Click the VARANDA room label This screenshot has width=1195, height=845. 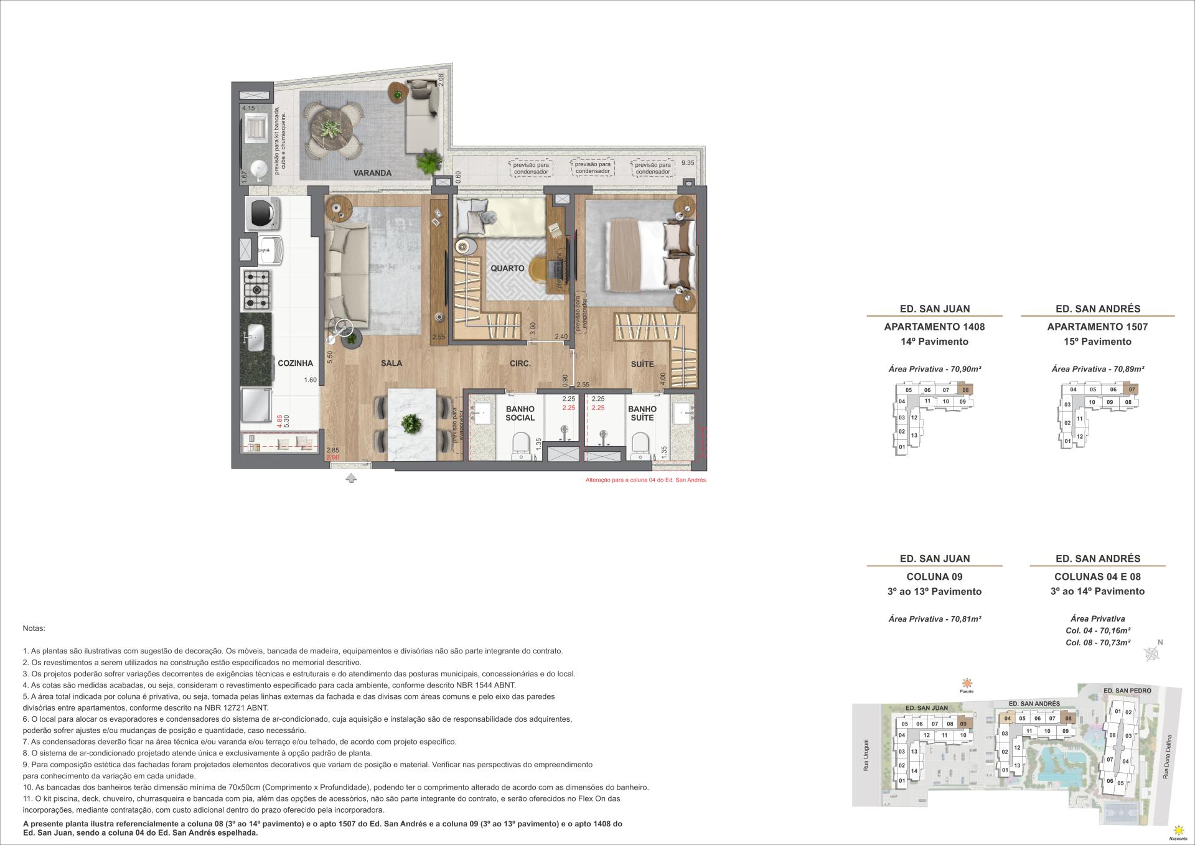point(373,173)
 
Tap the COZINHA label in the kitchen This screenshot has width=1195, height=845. point(295,363)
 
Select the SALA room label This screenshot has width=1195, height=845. point(391,363)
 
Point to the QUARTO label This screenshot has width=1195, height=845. point(507,268)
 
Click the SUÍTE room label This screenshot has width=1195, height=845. point(642,364)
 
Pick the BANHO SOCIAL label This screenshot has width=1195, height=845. point(520,413)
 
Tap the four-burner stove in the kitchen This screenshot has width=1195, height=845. point(256,291)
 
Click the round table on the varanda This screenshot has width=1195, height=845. point(334,131)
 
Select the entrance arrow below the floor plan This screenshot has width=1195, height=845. point(351,478)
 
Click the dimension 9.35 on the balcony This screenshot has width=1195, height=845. point(687,163)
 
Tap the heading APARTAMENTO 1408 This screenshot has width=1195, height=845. point(934,327)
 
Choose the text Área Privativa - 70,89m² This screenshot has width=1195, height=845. point(1097,369)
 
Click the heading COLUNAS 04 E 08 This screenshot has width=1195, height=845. point(1097,577)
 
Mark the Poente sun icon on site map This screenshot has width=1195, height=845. point(966,683)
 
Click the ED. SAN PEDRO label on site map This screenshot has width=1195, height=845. point(1127,691)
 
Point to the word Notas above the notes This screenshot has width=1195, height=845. point(34,629)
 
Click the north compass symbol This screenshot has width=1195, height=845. point(1153,653)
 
